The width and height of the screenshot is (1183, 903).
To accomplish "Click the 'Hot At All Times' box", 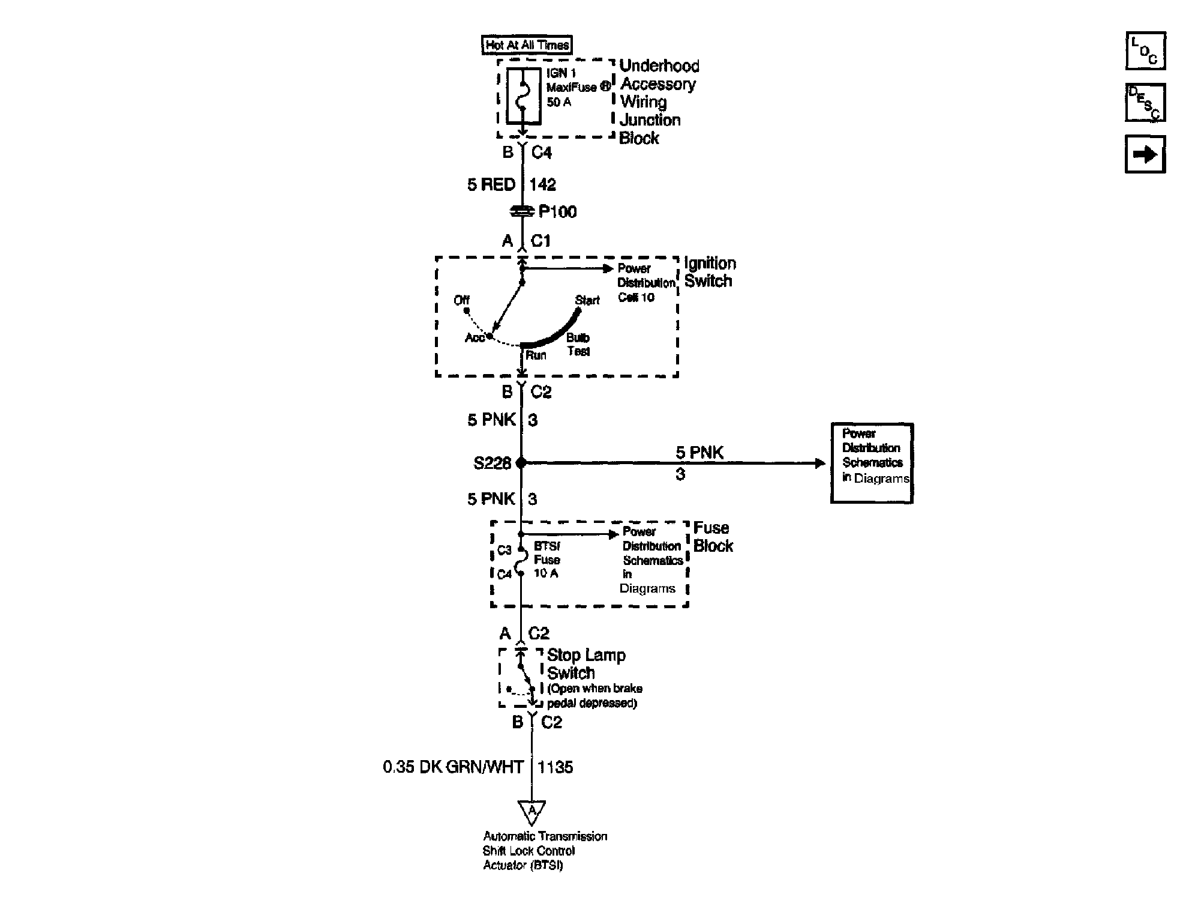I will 527,45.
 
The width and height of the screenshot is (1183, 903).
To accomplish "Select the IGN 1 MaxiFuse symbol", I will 523,96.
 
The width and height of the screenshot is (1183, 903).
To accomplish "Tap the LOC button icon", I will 1145,51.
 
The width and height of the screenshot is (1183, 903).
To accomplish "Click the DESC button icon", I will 1145,103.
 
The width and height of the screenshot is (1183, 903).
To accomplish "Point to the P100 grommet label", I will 557,212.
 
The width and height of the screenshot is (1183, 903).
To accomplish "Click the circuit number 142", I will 543,185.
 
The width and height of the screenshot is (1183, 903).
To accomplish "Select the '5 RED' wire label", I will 491,185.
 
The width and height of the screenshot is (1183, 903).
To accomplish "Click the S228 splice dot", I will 521,463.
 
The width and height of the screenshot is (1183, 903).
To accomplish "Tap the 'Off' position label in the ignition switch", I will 461,300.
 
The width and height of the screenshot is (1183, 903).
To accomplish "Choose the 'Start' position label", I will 587,300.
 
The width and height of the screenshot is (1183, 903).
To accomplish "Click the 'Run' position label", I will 536,355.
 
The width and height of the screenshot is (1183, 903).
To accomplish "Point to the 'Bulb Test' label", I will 578,345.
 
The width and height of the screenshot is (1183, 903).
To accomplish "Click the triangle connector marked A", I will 532,811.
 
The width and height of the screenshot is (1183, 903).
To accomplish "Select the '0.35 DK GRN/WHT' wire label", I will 453,767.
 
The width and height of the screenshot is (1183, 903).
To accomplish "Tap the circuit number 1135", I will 556,767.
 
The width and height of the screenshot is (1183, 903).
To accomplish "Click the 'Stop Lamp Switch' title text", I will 586,664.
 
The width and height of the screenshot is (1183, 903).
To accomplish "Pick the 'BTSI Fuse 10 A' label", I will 547,560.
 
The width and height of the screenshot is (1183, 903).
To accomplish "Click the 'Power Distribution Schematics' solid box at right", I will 872,463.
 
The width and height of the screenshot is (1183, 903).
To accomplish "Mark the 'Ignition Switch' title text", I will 710,272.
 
